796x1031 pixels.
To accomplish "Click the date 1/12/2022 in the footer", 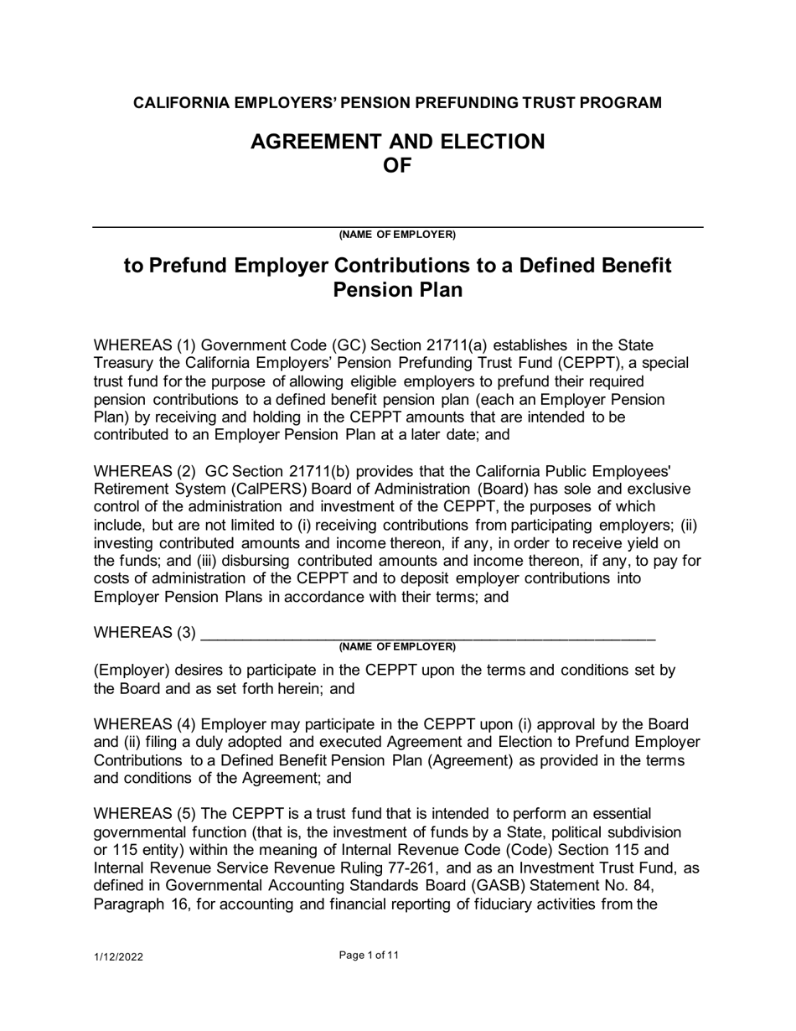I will [117, 957].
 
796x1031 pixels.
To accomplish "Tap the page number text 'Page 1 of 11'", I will [370, 955].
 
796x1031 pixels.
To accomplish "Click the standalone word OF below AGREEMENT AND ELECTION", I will [397, 165].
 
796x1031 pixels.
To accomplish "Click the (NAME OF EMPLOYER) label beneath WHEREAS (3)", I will [397, 646].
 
